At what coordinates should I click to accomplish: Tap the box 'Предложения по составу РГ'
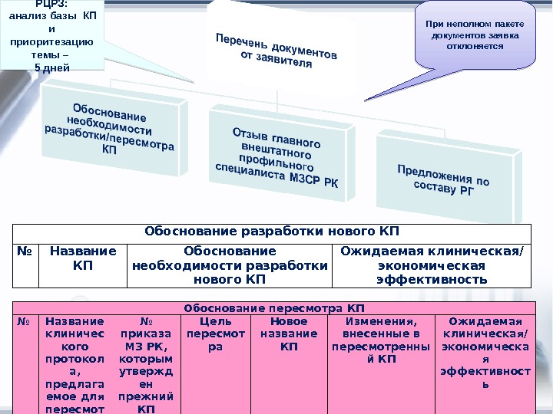[442, 178]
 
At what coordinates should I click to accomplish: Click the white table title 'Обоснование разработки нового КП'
[272, 232]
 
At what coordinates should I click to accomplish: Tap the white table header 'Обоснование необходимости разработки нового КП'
[230, 264]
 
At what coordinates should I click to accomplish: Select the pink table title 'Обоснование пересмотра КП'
[272, 308]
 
